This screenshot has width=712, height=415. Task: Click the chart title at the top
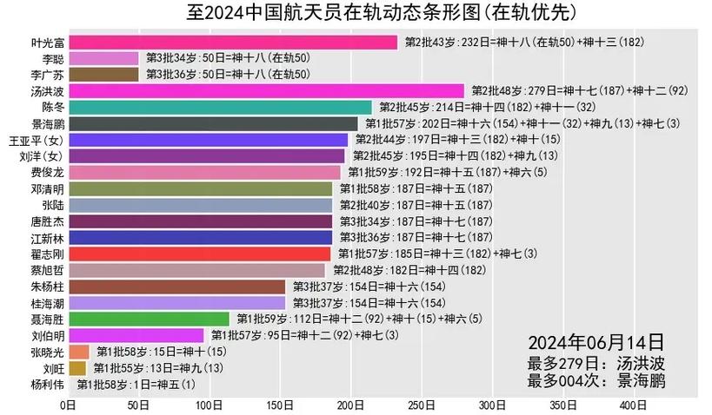pyautogui.click(x=356, y=12)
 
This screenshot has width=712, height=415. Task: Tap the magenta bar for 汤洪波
pyautogui.click(x=266, y=90)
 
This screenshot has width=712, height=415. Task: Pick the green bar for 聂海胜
pyautogui.click(x=149, y=319)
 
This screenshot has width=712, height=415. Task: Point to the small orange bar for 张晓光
pyautogui.click(x=79, y=352)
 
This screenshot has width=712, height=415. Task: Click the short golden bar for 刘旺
pyautogui.click(x=77, y=368)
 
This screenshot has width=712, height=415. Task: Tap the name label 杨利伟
pyautogui.click(x=47, y=385)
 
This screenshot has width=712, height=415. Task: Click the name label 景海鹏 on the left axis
pyautogui.click(x=47, y=123)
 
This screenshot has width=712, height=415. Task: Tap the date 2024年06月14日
pyautogui.click(x=596, y=341)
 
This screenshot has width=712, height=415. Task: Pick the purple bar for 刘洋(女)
pyautogui.click(x=206, y=155)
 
